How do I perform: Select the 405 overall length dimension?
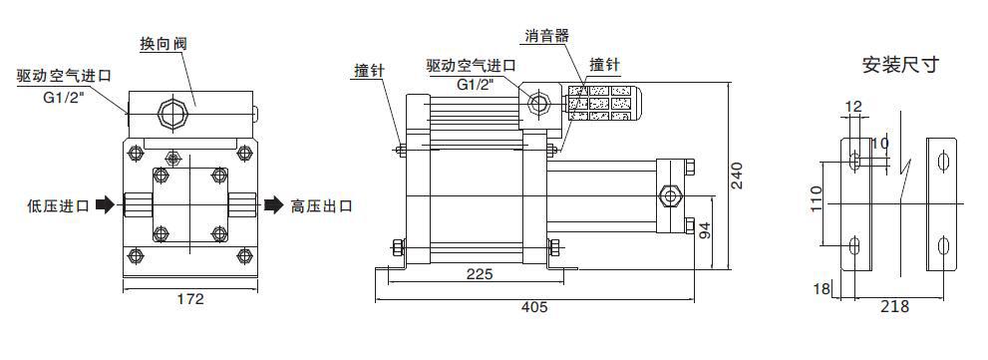(x=534, y=307)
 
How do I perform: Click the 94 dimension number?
(x=705, y=232)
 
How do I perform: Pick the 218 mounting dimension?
(x=895, y=307)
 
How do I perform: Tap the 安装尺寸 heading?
(x=900, y=67)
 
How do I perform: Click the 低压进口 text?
(x=58, y=206)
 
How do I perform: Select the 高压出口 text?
(x=321, y=206)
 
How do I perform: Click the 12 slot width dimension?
(x=852, y=106)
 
